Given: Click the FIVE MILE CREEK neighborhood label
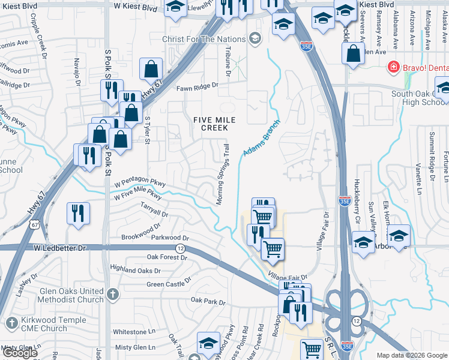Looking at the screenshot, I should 210,124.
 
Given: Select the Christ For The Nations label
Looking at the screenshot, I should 205,40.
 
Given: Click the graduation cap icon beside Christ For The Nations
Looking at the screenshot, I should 255,39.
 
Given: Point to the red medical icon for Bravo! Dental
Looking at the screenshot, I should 394,66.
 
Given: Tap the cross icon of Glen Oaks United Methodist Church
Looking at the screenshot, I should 113,295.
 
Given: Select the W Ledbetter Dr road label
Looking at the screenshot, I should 60,247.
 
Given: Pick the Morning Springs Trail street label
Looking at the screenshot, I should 223,174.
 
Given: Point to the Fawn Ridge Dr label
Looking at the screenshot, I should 197,87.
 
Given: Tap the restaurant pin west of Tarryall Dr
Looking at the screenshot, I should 79,214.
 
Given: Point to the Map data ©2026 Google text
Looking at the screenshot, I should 412,355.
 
